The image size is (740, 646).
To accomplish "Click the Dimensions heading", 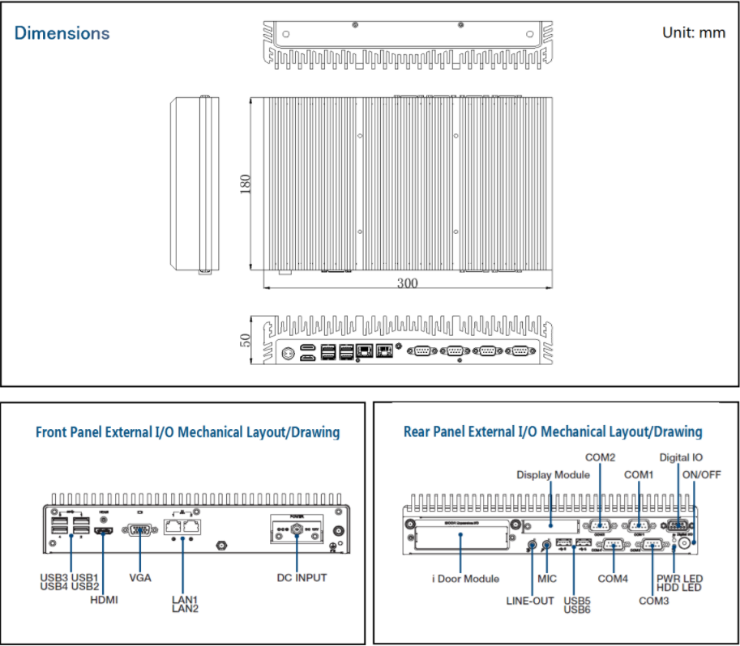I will pos(62,33).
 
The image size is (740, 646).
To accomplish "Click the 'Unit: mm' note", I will pos(694,33).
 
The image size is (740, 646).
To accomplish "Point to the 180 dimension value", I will pos(246,184).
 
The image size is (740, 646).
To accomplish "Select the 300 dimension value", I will pos(408,283).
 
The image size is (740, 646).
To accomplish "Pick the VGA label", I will pos(140,578).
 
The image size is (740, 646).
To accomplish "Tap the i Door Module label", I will pos(465,579).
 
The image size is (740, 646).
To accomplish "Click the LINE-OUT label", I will pos(530,601).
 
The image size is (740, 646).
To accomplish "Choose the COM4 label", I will pos(613,579).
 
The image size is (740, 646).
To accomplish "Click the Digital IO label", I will pos(680,457).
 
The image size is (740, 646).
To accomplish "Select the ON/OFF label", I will pos(702,474).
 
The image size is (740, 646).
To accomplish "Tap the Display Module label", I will pos(554,474).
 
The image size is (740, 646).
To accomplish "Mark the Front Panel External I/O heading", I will pos(187,431).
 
